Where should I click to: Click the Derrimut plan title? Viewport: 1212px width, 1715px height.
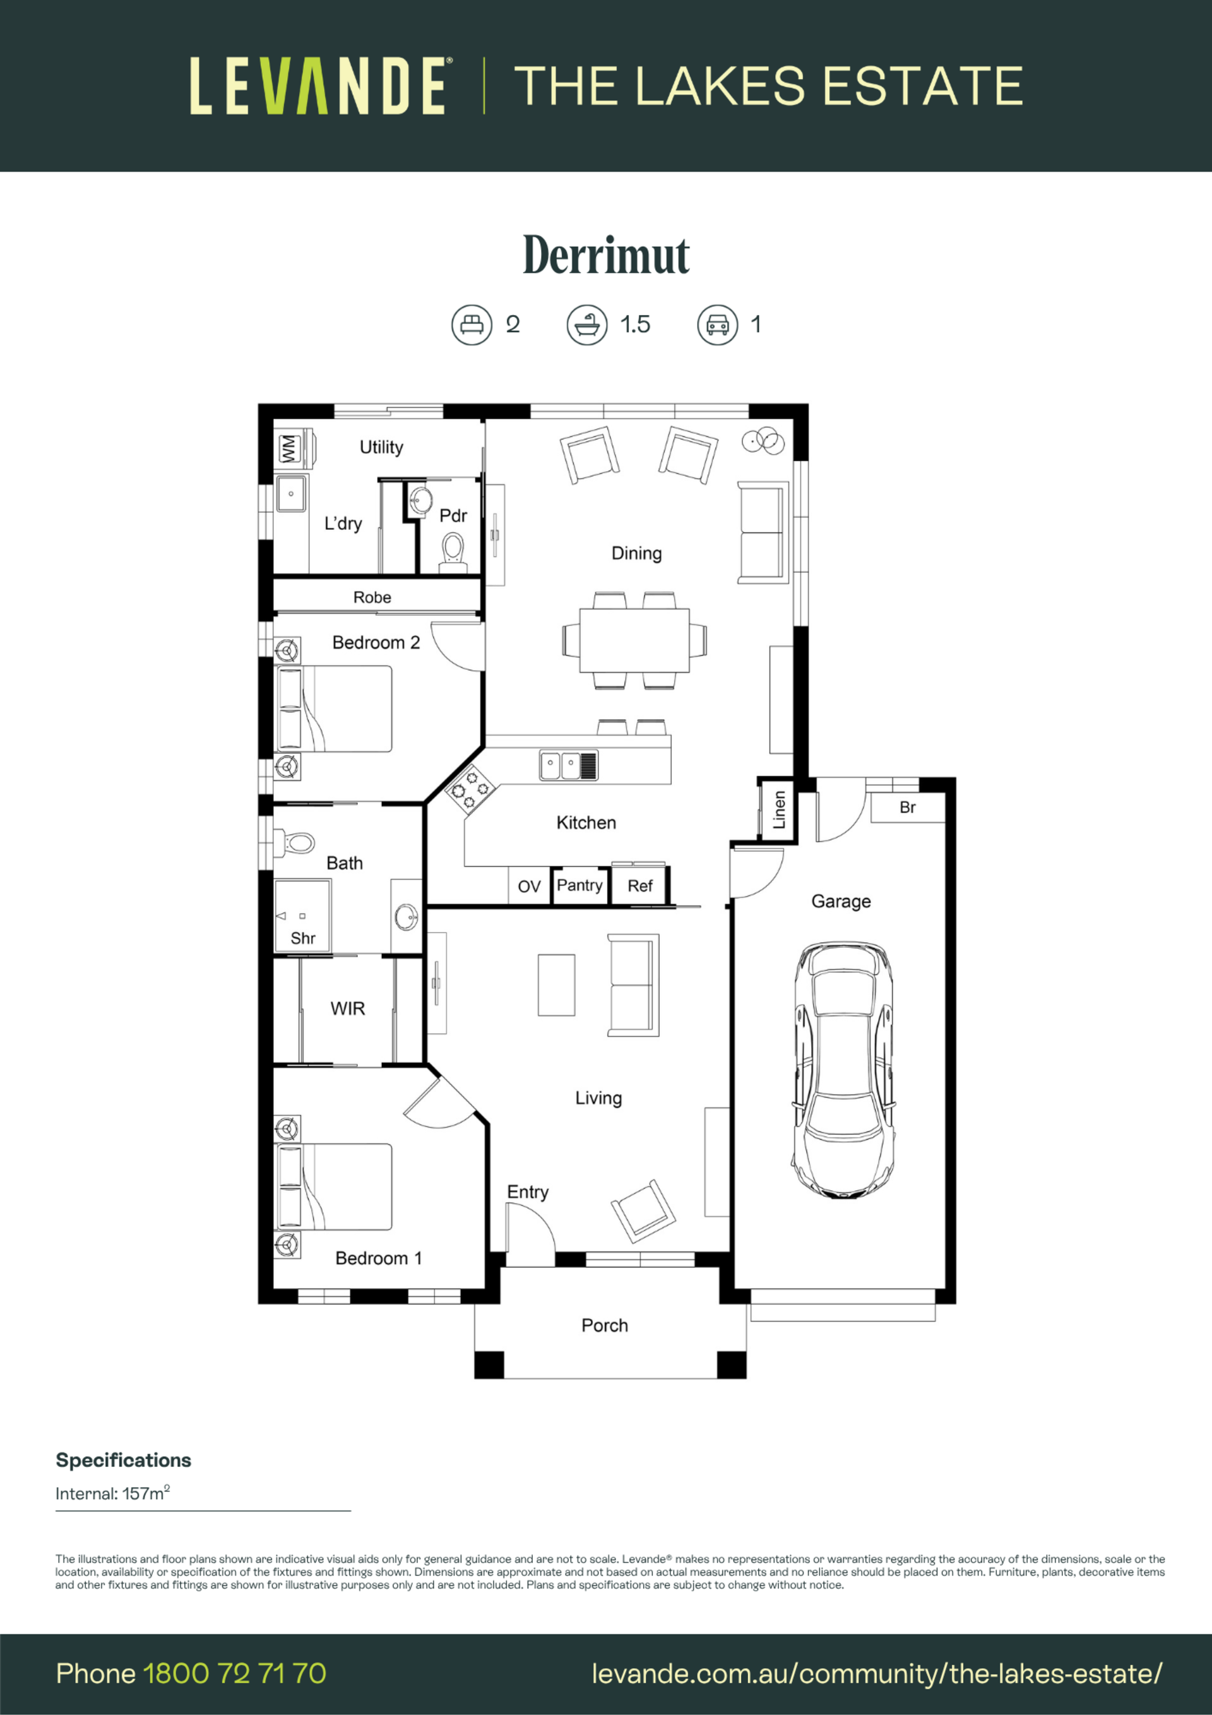(x=605, y=256)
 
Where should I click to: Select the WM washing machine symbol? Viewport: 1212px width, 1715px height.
(x=289, y=449)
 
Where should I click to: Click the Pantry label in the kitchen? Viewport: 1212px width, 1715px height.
(x=579, y=885)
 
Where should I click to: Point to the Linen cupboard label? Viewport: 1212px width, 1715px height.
(x=779, y=810)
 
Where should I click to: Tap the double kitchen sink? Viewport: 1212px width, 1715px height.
(x=568, y=765)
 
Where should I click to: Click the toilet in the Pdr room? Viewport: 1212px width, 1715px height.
(x=453, y=551)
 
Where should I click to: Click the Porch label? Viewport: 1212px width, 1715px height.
(x=605, y=1325)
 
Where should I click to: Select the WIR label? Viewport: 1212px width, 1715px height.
(x=348, y=1008)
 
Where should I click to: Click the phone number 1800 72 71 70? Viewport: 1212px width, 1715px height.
(x=234, y=1673)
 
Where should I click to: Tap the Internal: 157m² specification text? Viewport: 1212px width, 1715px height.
(x=113, y=1493)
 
